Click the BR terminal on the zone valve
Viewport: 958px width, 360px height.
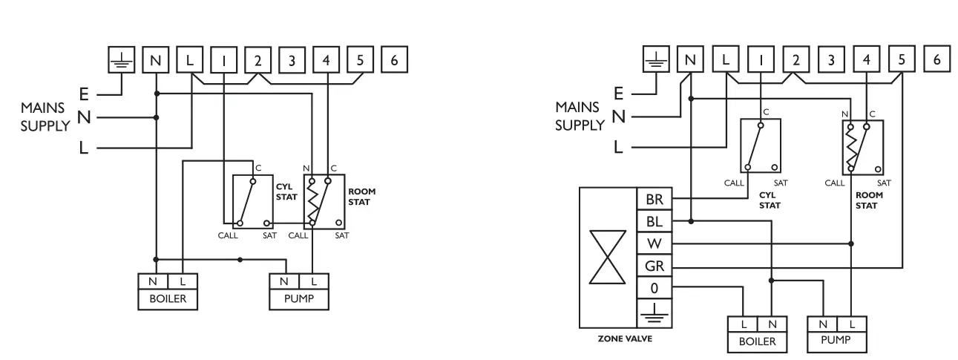(x=654, y=199)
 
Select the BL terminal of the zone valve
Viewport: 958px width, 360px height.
(x=654, y=221)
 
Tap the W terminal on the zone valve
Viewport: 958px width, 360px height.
(x=654, y=243)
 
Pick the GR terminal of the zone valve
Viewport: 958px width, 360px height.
(x=654, y=266)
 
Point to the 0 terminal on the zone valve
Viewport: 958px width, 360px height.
(x=654, y=287)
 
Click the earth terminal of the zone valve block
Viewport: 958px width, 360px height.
(x=654, y=312)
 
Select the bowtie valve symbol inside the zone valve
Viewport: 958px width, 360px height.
(x=607, y=256)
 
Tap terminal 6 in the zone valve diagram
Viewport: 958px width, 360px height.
(x=937, y=59)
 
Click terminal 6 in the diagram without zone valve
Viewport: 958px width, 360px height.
(x=394, y=60)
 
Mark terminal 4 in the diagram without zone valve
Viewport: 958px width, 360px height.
(x=327, y=60)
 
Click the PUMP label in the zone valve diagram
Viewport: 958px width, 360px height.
(x=836, y=341)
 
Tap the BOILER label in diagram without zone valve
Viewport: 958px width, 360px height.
(x=167, y=299)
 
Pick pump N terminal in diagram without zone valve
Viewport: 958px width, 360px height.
(x=283, y=281)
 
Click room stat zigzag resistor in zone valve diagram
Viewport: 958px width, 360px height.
(x=852, y=147)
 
